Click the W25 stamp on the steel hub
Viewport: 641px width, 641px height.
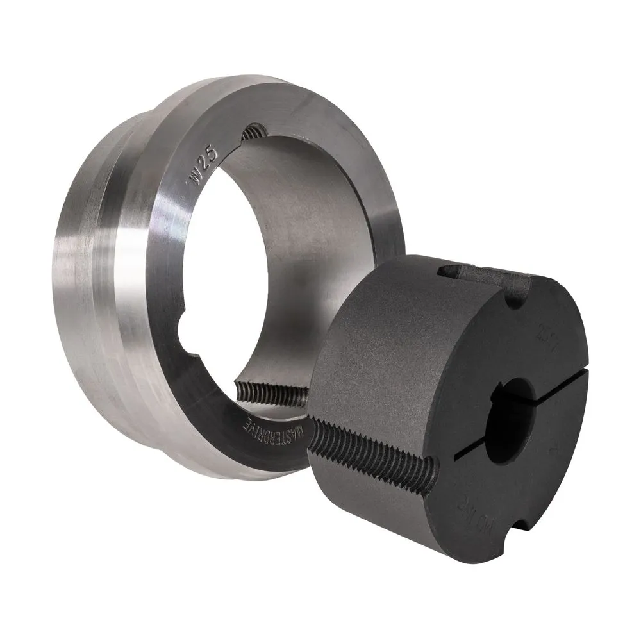(204, 167)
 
